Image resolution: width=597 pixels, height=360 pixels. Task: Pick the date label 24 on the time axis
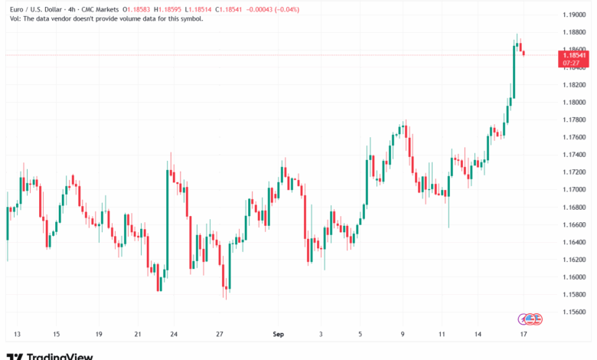coord(174,335)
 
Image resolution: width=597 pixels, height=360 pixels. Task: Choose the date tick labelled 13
coord(17,335)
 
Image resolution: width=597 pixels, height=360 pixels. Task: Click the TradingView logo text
coord(60,355)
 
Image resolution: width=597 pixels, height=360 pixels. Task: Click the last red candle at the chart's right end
coord(524,52)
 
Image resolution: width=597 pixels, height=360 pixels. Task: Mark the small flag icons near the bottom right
coord(530,318)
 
